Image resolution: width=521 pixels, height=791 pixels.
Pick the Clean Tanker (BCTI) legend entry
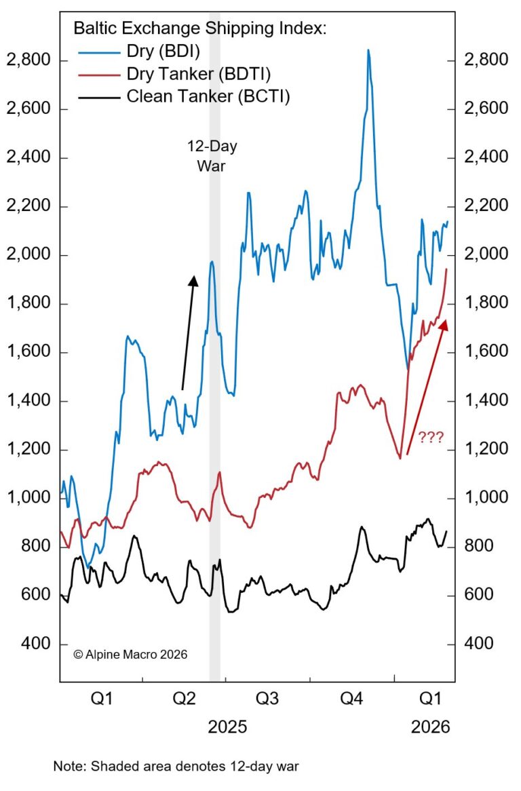pyautogui.click(x=208, y=97)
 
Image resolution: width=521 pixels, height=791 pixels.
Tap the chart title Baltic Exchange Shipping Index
pyautogui.click(x=200, y=28)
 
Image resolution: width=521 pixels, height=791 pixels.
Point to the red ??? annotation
pyautogui.click(x=430, y=438)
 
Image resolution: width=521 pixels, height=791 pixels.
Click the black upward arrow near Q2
pyautogui.click(x=189, y=332)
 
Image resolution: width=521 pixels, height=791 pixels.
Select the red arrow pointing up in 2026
pyautogui.click(x=426, y=387)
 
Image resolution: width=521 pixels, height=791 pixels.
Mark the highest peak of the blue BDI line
pyautogui.click(x=368, y=50)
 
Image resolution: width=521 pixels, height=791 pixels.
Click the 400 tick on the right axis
pyautogui.click(x=480, y=644)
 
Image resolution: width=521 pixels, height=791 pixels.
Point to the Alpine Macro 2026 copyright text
pyautogui.click(x=130, y=655)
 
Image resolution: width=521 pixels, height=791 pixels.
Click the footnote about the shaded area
pyautogui.click(x=176, y=767)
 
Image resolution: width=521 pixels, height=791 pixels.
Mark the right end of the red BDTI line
pyautogui.click(x=446, y=269)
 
